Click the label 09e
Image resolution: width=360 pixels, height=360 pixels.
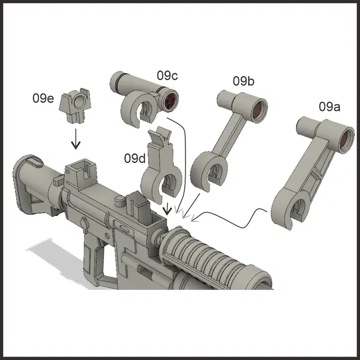tap(43, 98)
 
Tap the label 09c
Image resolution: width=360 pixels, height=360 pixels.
tap(167, 75)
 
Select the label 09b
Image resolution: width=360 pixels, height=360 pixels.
tap(243, 81)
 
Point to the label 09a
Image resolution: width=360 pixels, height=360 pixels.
tap(329, 107)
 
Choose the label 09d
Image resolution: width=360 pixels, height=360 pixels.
tap(135, 157)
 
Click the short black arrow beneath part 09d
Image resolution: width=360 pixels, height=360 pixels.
tap(167, 208)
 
